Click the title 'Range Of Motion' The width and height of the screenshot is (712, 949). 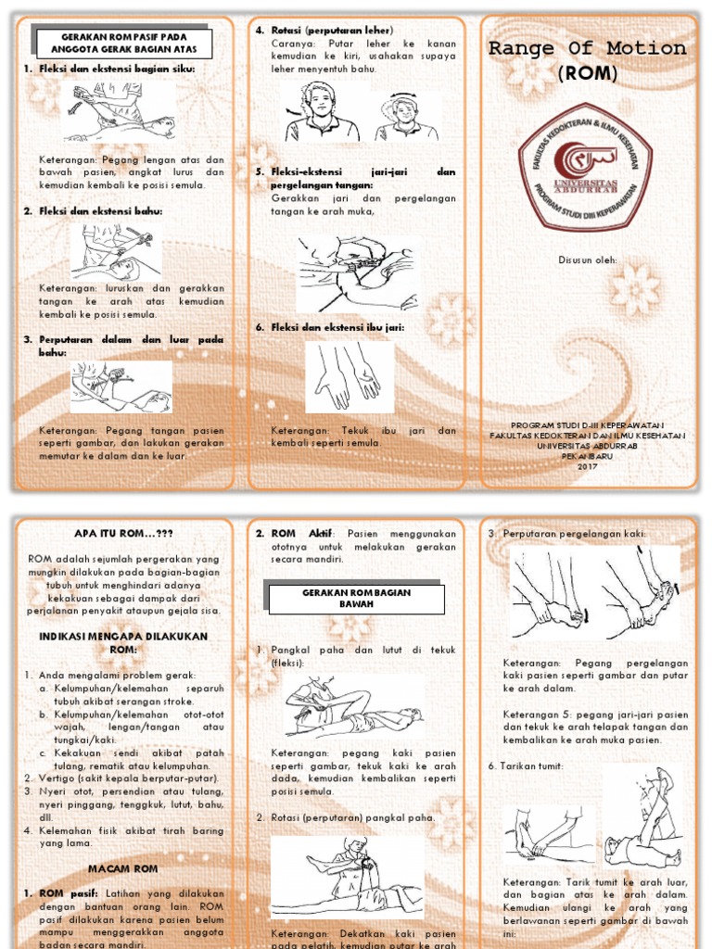point(587,49)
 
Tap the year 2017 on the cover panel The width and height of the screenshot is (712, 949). point(587,465)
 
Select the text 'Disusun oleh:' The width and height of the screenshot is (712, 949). point(587,260)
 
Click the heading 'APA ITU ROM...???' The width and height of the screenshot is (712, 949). point(123,534)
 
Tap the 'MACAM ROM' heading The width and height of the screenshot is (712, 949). point(123,868)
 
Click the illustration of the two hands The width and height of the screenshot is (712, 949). point(350,377)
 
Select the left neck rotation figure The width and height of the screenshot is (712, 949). point(320,112)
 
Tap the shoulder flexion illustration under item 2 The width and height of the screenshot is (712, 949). point(115,253)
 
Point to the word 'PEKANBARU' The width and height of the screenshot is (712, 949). point(587,455)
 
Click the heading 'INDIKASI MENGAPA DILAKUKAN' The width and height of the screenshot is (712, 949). point(123,637)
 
